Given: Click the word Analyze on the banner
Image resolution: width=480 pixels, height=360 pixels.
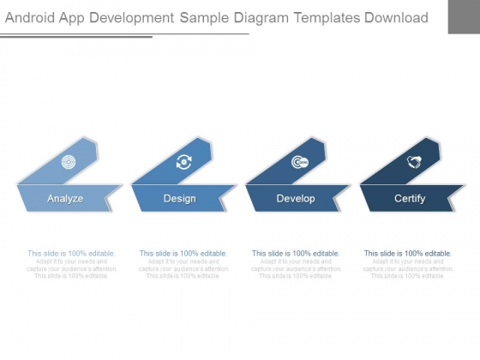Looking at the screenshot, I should point(65,199).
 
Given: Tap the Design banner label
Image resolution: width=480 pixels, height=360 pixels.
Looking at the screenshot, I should point(179,199).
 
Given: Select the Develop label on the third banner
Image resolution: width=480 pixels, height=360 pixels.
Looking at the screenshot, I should point(296,199).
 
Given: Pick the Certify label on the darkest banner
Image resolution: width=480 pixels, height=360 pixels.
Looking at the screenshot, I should point(410,199).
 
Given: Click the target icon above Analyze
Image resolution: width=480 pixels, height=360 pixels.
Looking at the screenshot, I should point(69,161).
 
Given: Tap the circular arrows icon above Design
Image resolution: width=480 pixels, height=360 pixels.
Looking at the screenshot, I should point(184,161).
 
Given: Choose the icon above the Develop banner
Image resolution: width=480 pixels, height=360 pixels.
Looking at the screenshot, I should point(299,161).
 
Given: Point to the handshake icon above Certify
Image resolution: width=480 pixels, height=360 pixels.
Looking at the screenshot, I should point(413,161).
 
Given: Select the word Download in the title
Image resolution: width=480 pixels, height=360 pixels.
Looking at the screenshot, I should point(395,17).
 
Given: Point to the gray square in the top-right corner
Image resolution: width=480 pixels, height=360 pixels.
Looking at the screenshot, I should point(464,16).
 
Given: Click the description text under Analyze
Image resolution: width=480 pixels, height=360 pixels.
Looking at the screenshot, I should point(71,265).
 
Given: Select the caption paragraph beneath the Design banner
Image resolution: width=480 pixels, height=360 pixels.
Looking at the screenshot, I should point(183,265).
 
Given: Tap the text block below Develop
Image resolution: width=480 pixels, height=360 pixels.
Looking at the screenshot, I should point(296,265).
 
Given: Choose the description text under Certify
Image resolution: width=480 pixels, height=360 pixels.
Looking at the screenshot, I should point(408,265).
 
